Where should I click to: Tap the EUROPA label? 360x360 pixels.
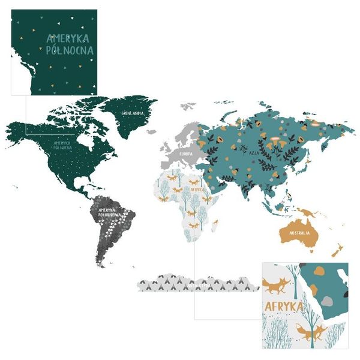click(184, 154)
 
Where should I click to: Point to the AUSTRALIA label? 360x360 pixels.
click(299, 232)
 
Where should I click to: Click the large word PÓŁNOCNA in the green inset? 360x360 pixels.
click(70, 50)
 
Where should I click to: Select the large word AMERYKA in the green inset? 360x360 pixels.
click(70, 38)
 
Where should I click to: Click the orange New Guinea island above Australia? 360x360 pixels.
click(310, 212)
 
